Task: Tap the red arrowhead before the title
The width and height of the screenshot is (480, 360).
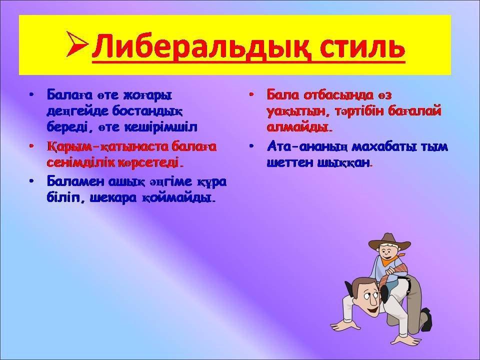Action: pyautogui.click(x=77, y=44)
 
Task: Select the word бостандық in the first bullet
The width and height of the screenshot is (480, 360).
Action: pyautogui.click(x=147, y=111)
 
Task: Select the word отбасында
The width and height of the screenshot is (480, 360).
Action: pyautogui.click(x=339, y=95)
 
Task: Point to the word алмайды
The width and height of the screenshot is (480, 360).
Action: pyautogui.click(x=297, y=127)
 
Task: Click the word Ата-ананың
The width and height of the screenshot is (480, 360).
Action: pyautogui.click(x=307, y=147)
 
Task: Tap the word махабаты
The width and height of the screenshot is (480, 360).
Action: pyautogui.click(x=384, y=147)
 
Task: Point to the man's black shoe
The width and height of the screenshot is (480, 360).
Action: pyautogui.click(x=426, y=319)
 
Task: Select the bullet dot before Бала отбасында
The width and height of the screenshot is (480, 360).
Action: pyautogui.click(x=251, y=94)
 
